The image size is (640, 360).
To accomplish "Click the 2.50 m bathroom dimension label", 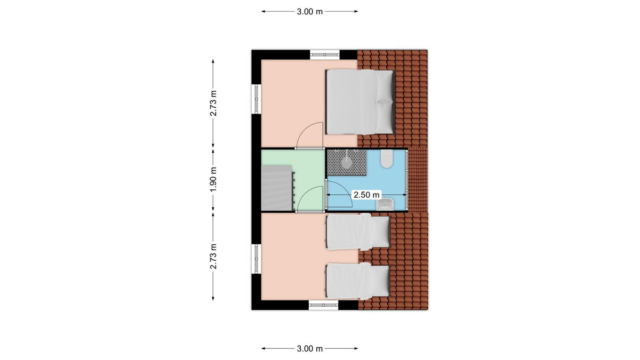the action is pyautogui.click(x=366, y=195).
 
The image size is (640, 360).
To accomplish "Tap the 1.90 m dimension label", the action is pyautogui.click(x=213, y=180).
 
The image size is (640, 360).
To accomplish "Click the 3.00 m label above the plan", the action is pyautogui.click(x=310, y=12).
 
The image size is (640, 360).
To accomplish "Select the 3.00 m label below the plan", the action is pyautogui.click(x=310, y=349).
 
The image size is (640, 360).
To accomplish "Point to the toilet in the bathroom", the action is pyautogui.click(x=387, y=159).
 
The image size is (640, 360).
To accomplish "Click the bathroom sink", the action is pyautogui.click(x=386, y=204).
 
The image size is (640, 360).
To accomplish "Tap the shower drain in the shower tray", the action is pyautogui.click(x=347, y=163).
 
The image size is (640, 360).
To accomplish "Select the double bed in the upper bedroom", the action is pyautogui.click(x=361, y=102).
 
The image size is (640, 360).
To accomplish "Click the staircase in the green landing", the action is pyautogui.click(x=277, y=188).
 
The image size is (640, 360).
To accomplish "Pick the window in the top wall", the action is pyautogui.click(x=325, y=54).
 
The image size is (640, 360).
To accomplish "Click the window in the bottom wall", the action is pyautogui.click(x=323, y=305).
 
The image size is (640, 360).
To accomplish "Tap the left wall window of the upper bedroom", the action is pyautogui.click(x=256, y=99).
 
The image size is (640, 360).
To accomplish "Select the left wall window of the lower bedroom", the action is pyautogui.click(x=256, y=259).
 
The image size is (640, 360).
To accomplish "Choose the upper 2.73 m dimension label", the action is pyautogui.click(x=213, y=103).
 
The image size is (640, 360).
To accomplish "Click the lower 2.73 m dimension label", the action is pyautogui.click(x=213, y=257).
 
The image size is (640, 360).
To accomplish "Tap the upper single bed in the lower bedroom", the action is pyautogui.click(x=358, y=231).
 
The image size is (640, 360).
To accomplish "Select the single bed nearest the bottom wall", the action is pyautogui.click(x=358, y=281).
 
